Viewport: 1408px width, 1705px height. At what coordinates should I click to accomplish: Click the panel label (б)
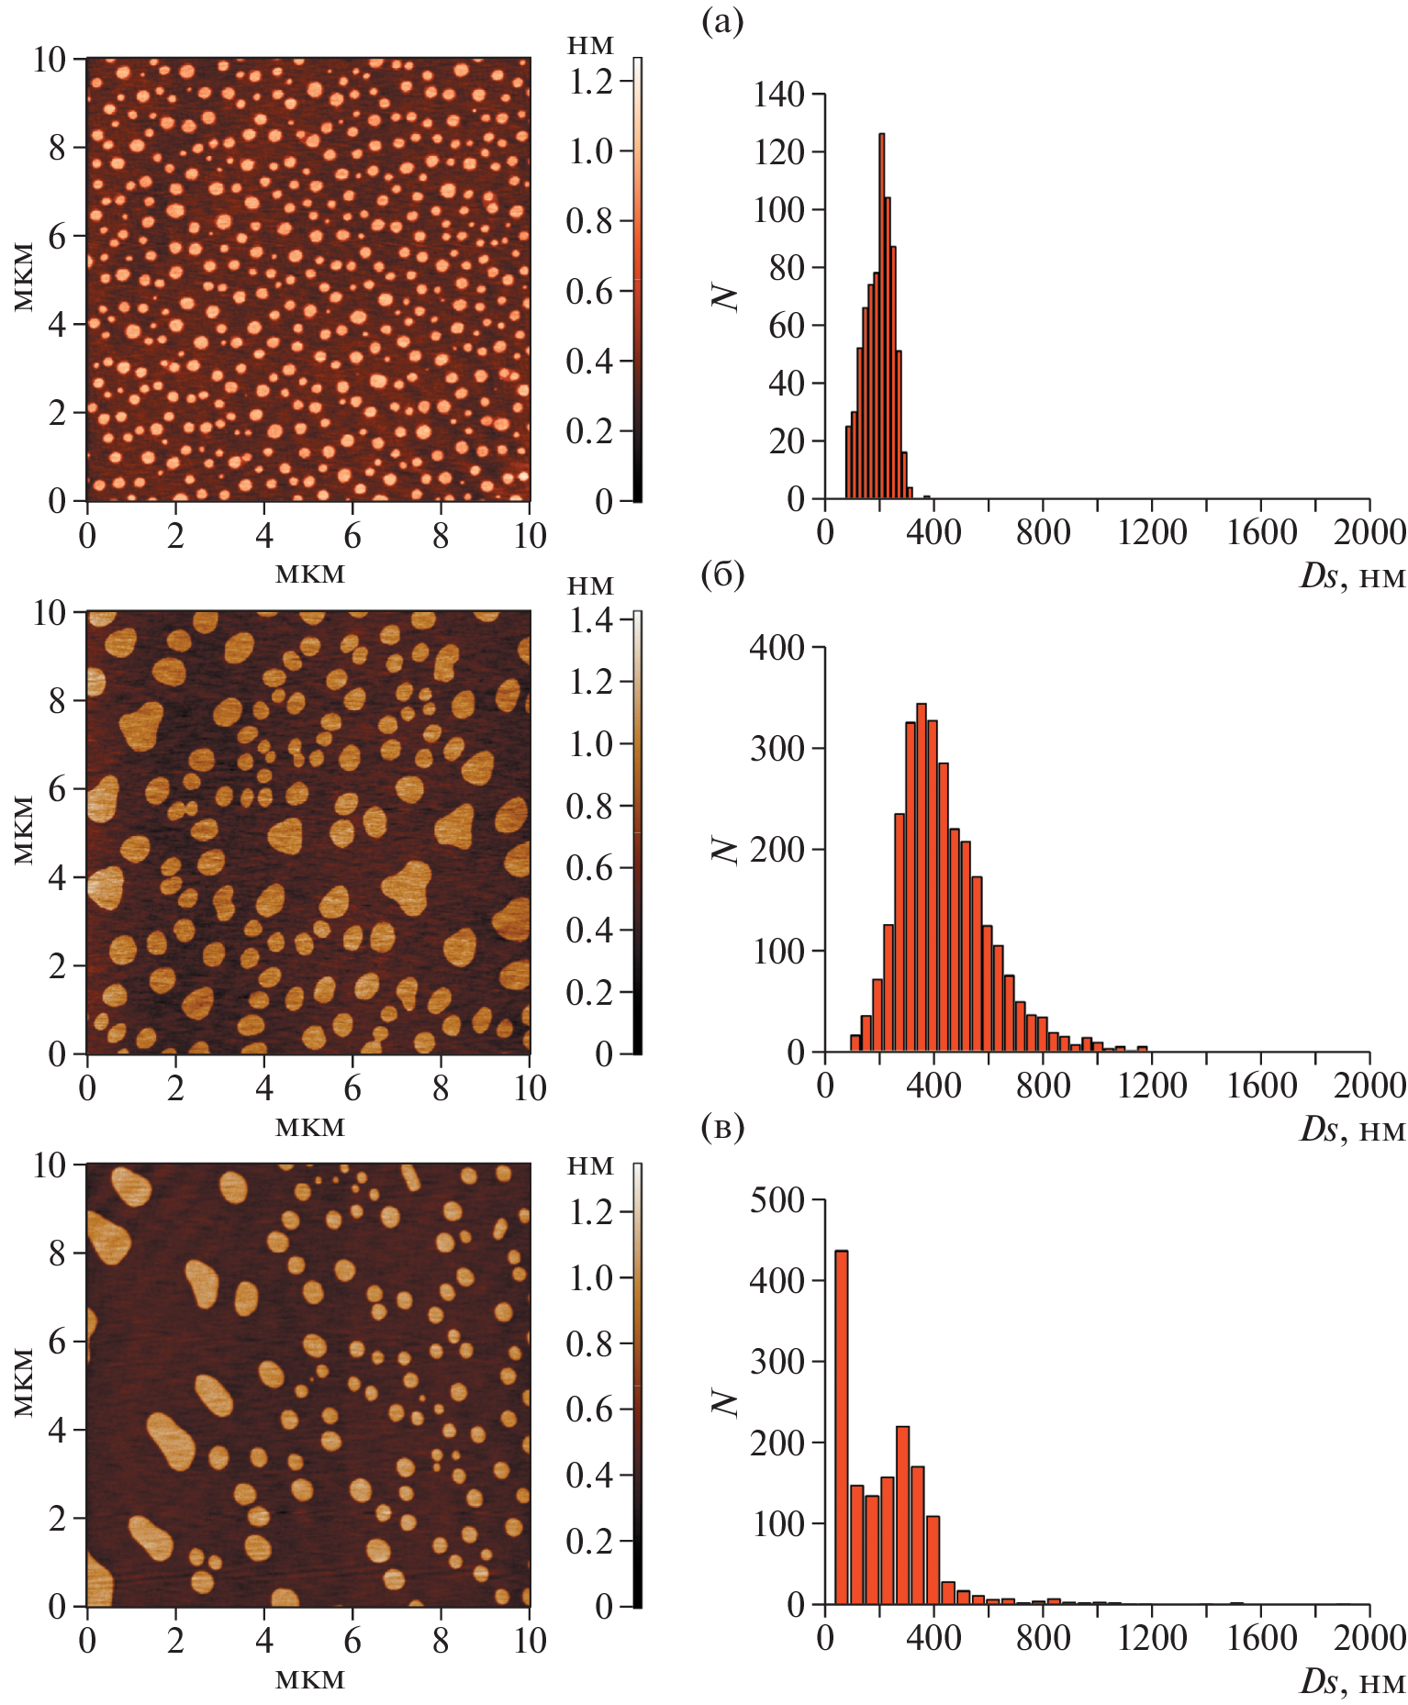click(722, 575)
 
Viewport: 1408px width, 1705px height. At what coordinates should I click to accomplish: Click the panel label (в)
click(722, 1128)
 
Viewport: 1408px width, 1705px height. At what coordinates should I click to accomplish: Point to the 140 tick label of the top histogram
click(778, 94)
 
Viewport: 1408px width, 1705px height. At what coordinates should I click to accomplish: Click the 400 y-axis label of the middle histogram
click(777, 648)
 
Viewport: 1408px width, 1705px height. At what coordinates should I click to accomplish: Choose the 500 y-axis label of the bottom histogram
click(777, 1200)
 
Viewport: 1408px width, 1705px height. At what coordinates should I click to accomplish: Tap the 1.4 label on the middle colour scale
click(591, 620)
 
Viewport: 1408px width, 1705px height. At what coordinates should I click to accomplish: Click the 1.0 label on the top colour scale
click(591, 151)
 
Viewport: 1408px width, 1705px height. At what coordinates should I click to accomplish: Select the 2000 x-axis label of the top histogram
click(1369, 533)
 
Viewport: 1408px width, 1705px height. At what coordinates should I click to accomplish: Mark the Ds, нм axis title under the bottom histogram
click(1352, 1681)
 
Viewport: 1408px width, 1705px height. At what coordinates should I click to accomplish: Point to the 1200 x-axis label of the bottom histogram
click(1152, 1638)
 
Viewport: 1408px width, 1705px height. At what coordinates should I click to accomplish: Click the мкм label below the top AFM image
click(310, 574)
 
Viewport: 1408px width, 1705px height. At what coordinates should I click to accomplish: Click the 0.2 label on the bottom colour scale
click(591, 1541)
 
